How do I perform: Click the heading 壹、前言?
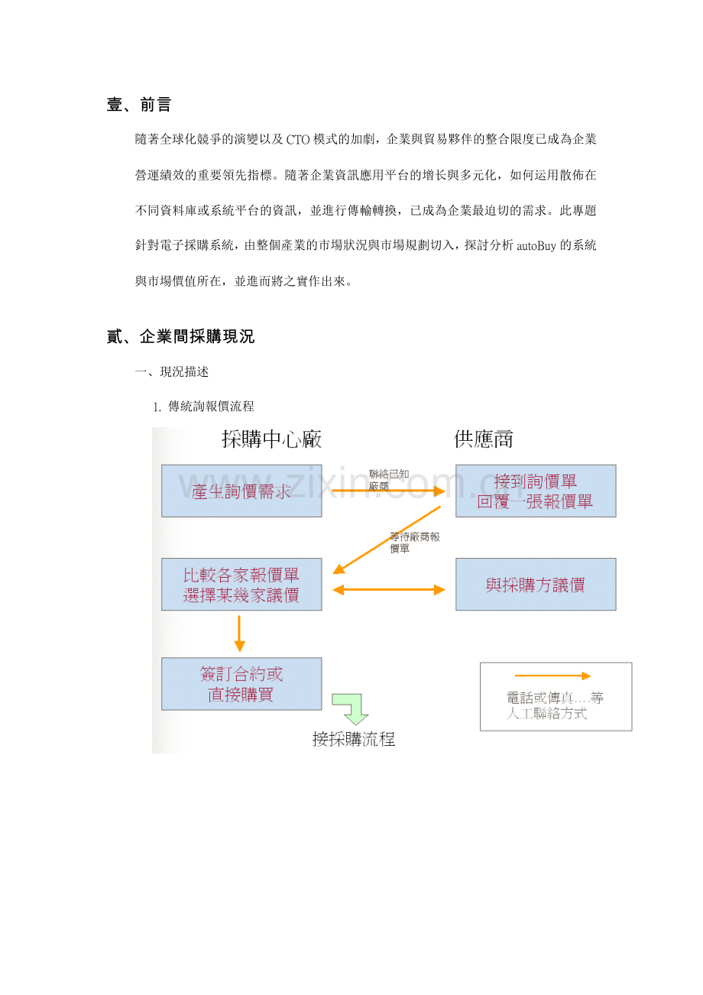[x=138, y=105]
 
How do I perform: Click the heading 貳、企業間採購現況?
[x=180, y=336]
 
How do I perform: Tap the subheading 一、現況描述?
[x=172, y=371]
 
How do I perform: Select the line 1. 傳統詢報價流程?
[x=203, y=406]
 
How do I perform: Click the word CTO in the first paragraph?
[x=297, y=140]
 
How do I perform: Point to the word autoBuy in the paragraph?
[x=536, y=245]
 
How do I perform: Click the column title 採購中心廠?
[x=271, y=439]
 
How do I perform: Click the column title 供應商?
[x=483, y=439]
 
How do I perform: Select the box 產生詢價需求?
[x=241, y=491]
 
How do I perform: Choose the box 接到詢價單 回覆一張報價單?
[x=536, y=491]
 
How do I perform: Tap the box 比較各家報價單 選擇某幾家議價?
[x=241, y=584]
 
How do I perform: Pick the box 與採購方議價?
[x=536, y=584]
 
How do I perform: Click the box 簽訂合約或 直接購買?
[x=241, y=684]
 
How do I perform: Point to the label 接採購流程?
[x=354, y=739]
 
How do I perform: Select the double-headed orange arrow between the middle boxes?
[x=389, y=589]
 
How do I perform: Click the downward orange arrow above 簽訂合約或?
[x=239, y=634]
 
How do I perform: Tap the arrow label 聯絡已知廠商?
[x=389, y=480]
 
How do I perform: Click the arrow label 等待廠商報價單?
[x=414, y=543]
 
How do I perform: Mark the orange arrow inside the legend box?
[x=553, y=676]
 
